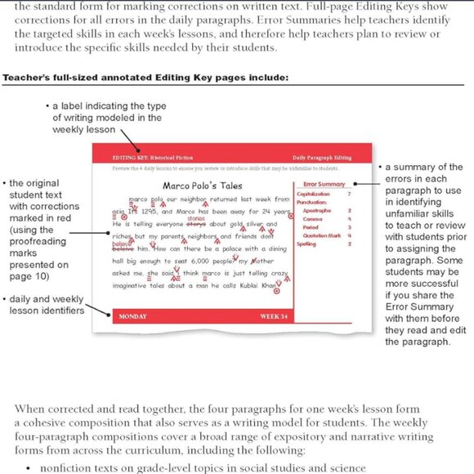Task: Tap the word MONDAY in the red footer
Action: coord(111,315)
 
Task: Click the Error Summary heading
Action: coord(323,185)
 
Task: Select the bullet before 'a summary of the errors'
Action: coord(381,167)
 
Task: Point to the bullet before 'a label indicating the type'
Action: coord(47,107)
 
